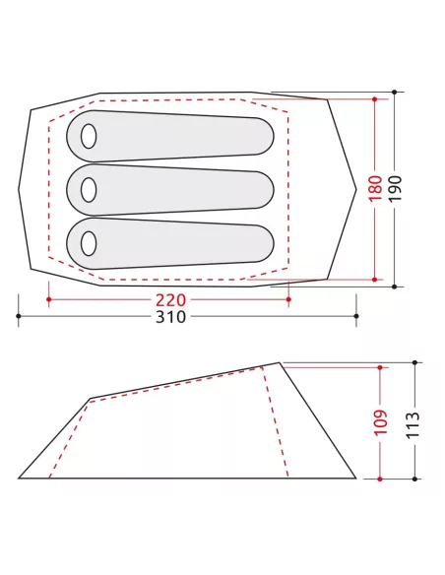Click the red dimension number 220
click(171, 300)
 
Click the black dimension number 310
click(171, 317)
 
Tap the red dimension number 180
click(376, 189)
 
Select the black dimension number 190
click(395, 188)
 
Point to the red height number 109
click(381, 422)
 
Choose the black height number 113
click(413, 424)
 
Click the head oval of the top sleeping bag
click(89, 137)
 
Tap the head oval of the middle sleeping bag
click(89, 190)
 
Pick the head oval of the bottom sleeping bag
click(89, 243)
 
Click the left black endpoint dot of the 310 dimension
click(19, 316)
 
